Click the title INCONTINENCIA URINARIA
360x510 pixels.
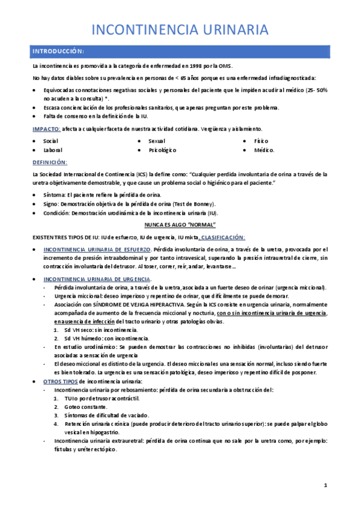click(x=180, y=29)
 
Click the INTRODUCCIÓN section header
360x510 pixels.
click(x=58, y=51)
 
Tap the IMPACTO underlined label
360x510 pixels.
click(x=46, y=129)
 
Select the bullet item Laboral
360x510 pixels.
click(x=53, y=150)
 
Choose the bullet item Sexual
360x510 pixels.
click(x=157, y=141)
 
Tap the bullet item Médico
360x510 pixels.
click(x=263, y=150)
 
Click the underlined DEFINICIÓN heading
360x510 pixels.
click(x=50, y=162)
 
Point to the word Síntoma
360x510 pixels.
click(x=54, y=195)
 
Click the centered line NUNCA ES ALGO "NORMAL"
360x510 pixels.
click(x=180, y=225)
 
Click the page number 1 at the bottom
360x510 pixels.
click(x=325, y=485)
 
